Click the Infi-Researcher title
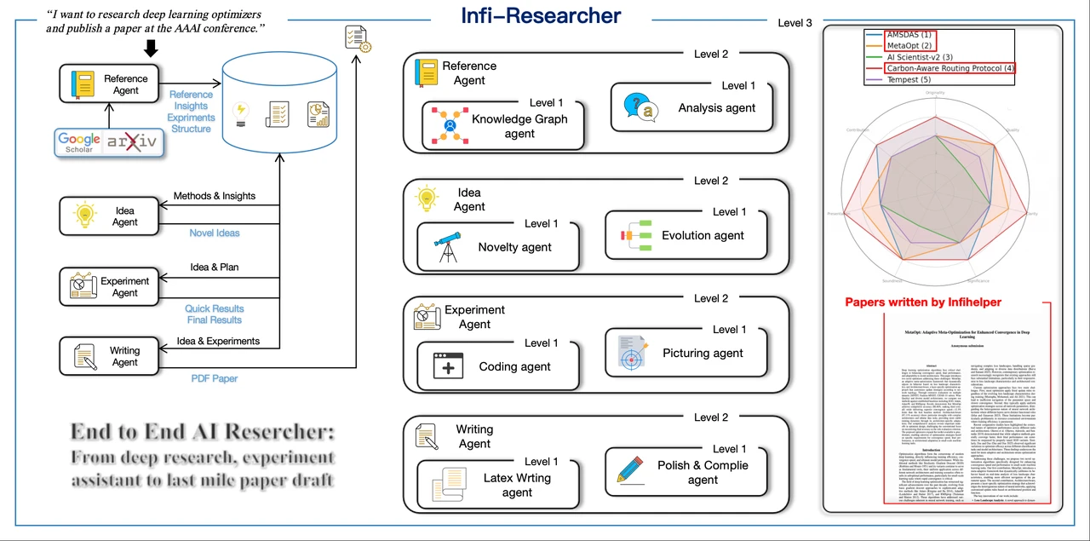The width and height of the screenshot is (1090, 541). tap(541, 15)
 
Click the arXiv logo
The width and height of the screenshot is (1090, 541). tap(132, 142)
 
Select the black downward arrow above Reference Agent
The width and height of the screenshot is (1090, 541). tap(151, 49)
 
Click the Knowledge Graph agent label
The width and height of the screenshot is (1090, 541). tap(519, 126)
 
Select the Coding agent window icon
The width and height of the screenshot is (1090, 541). tap(447, 365)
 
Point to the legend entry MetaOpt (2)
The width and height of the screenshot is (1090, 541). tap(909, 45)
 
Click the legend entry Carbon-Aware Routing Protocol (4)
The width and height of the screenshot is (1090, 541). tap(949, 68)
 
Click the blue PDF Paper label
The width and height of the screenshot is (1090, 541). tap(213, 378)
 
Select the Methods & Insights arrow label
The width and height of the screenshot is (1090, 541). tap(215, 196)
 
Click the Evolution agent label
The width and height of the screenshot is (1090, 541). tap(703, 235)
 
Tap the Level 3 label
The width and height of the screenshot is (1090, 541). tap(795, 23)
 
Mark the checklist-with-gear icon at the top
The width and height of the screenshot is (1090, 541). tap(357, 38)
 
